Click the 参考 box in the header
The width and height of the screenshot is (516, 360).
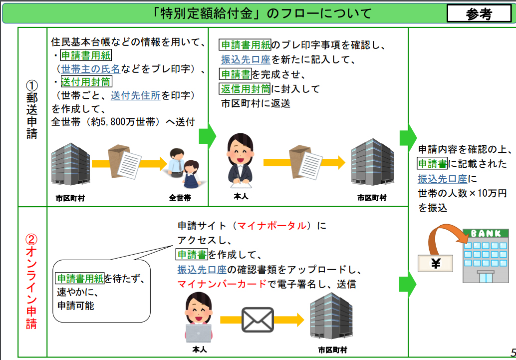point(479,14)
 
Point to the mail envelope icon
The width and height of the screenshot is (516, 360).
point(258,320)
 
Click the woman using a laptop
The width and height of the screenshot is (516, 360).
point(199,320)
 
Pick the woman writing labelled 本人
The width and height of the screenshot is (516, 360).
point(241,160)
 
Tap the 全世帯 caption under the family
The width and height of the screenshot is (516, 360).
point(180,198)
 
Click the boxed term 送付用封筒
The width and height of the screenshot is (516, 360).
point(86,81)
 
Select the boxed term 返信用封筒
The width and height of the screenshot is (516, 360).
point(245,89)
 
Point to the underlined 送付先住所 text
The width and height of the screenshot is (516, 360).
point(135,95)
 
